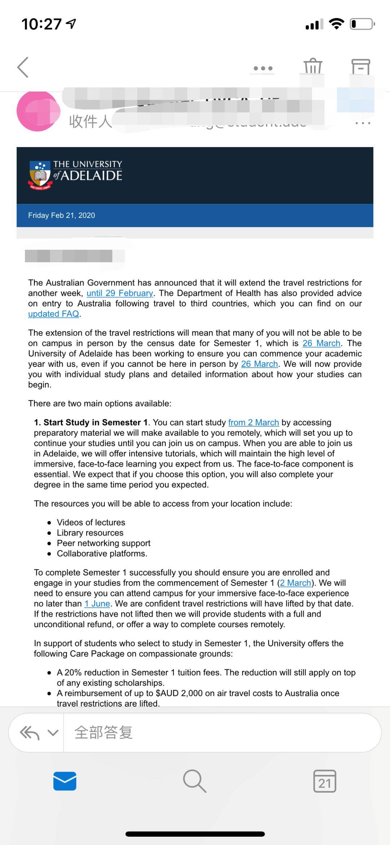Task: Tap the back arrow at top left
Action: [x=23, y=67]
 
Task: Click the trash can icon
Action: [x=313, y=66]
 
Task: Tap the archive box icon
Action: [x=361, y=67]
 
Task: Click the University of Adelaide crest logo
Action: [x=40, y=175]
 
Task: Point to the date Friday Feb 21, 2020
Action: [x=61, y=215]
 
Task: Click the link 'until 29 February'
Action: [x=120, y=293]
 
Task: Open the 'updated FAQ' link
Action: [x=53, y=314]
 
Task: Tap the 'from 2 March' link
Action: [x=253, y=422]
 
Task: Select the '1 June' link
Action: [x=97, y=604]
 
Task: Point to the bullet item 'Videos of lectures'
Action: [x=91, y=522]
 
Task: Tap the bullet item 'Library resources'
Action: [x=90, y=533]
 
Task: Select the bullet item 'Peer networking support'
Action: [x=104, y=543]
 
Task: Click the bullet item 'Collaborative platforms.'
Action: [x=102, y=554]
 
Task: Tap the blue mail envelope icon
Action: [x=65, y=781]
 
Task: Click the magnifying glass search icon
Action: [x=195, y=781]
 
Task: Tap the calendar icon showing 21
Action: [x=325, y=781]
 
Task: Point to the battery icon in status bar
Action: [x=362, y=24]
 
